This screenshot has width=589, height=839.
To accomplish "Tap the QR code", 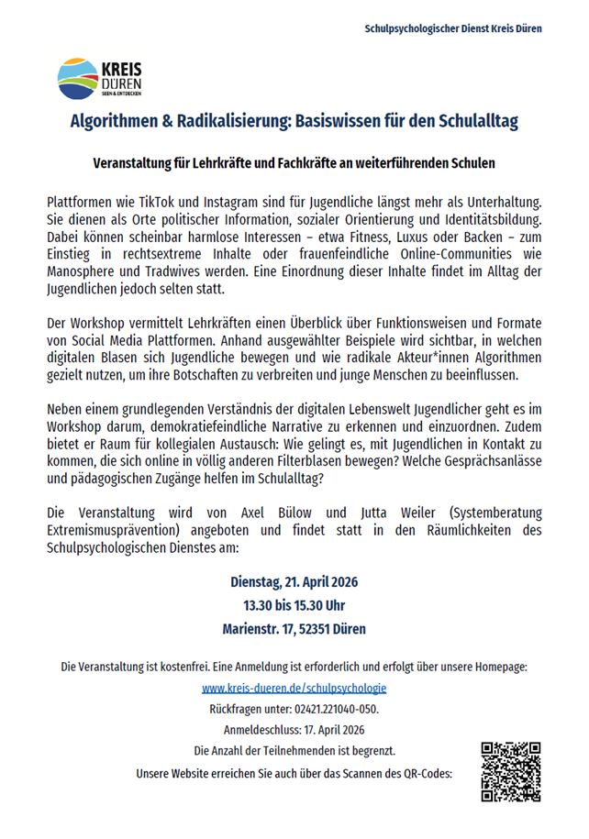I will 511,771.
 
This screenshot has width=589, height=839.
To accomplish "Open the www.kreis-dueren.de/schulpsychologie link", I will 294,687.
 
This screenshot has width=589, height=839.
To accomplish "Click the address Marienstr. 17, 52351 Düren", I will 294,629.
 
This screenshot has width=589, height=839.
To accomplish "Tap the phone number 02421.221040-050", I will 335,709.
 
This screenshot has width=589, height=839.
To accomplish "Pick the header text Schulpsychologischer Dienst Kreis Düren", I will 452,28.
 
